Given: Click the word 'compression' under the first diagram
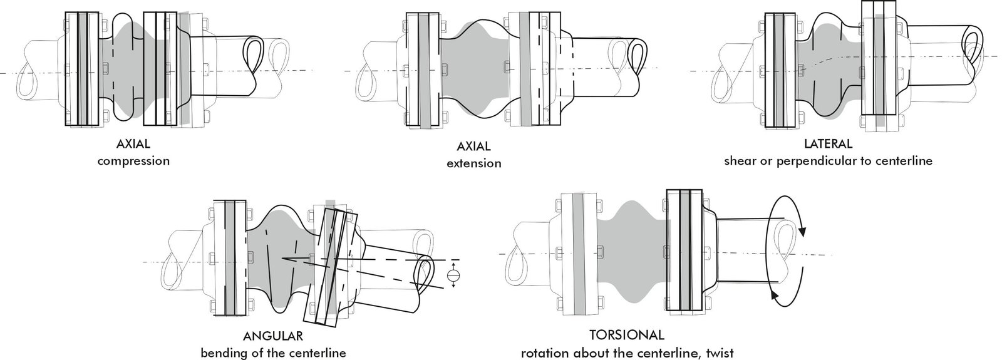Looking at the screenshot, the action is pyautogui.click(x=133, y=162).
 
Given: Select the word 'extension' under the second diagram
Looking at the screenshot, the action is pyautogui.click(x=473, y=163).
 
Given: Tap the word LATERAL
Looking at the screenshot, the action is pyautogui.click(x=828, y=144).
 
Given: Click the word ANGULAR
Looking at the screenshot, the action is pyautogui.click(x=273, y=336).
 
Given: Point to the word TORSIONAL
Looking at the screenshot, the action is pyautogui.click(x=627, y=335).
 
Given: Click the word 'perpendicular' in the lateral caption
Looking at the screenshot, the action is pyautogui.click(x=814, y=162).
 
